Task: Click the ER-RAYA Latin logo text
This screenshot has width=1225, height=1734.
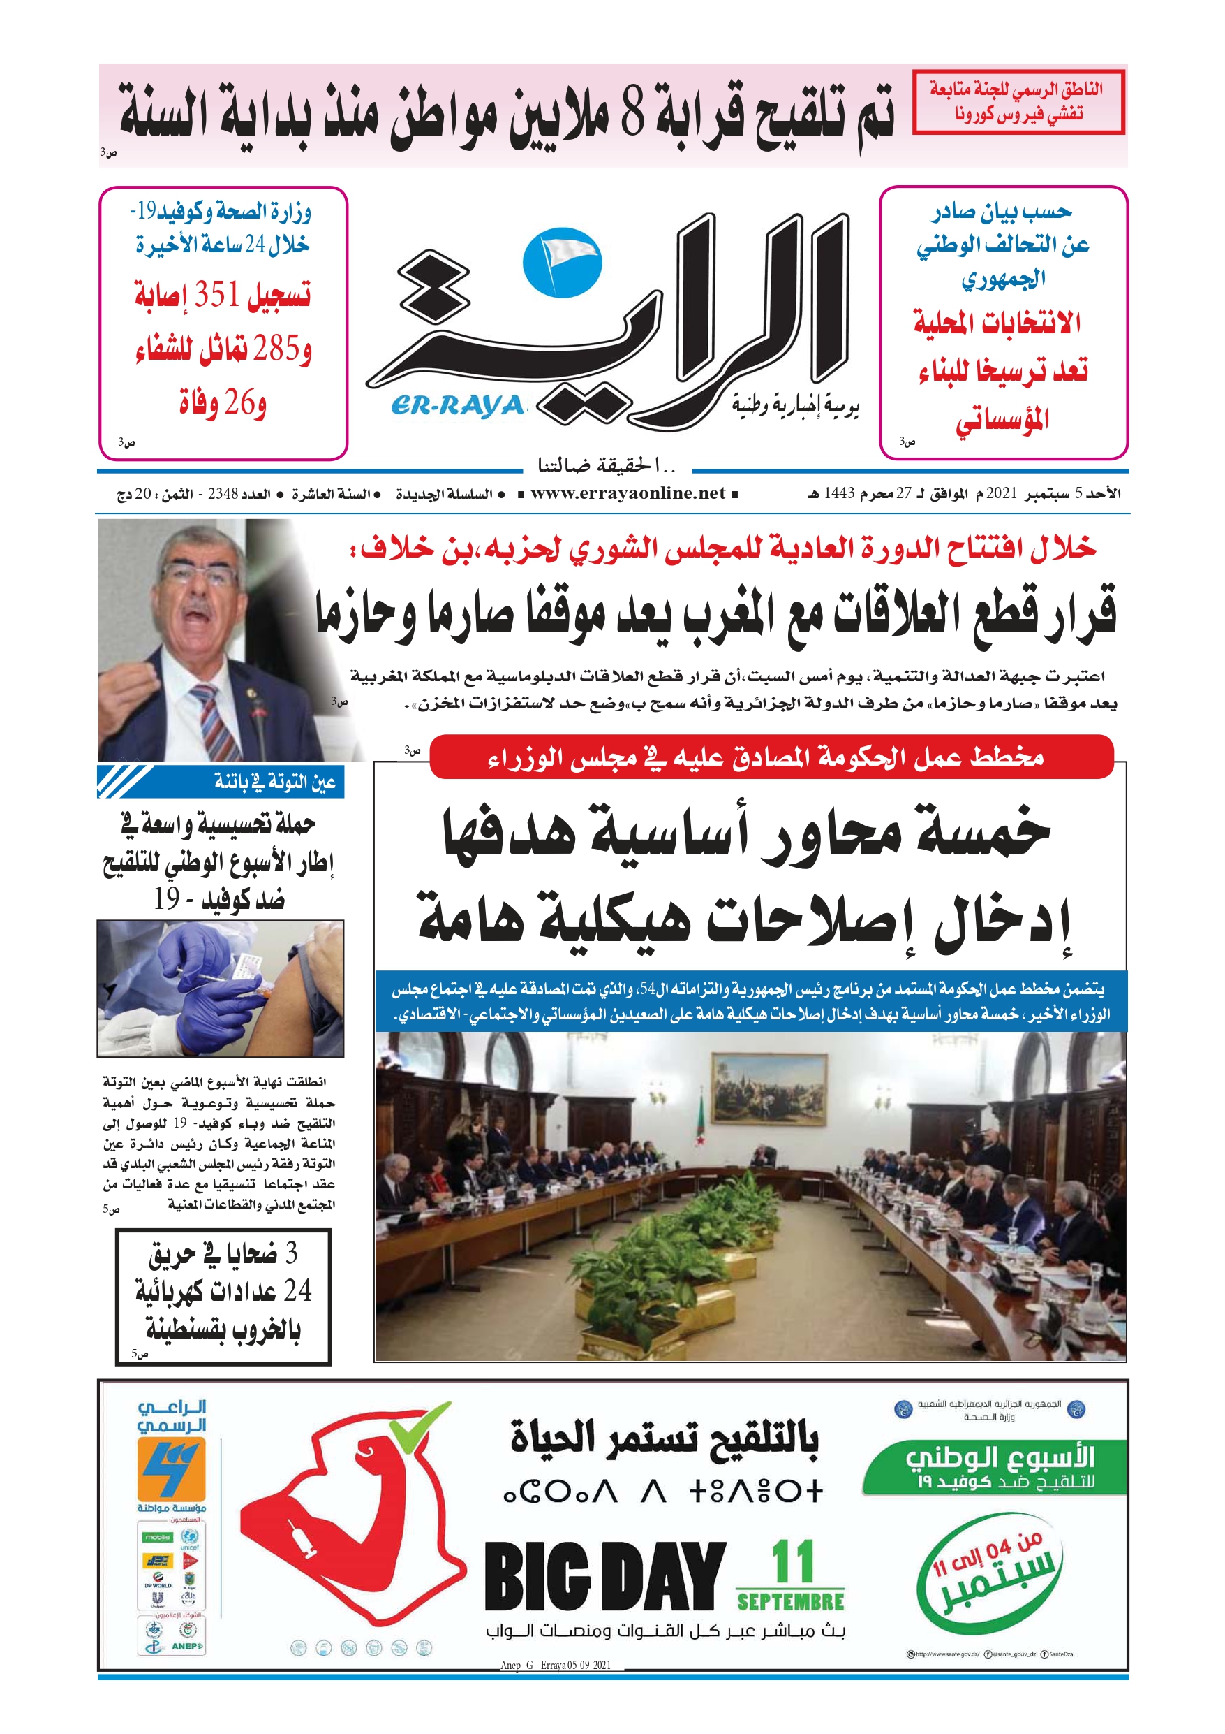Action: [457, 406]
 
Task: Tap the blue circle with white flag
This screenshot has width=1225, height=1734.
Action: [562, 261]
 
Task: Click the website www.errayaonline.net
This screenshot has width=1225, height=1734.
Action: [628, 493]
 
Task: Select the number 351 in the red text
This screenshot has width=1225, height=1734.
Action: [216, 294]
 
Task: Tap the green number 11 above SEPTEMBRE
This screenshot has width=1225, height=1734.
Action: [792, 1562]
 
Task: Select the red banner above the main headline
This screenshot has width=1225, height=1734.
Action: [771, 756]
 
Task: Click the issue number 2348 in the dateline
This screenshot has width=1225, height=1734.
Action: [223, 494]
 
